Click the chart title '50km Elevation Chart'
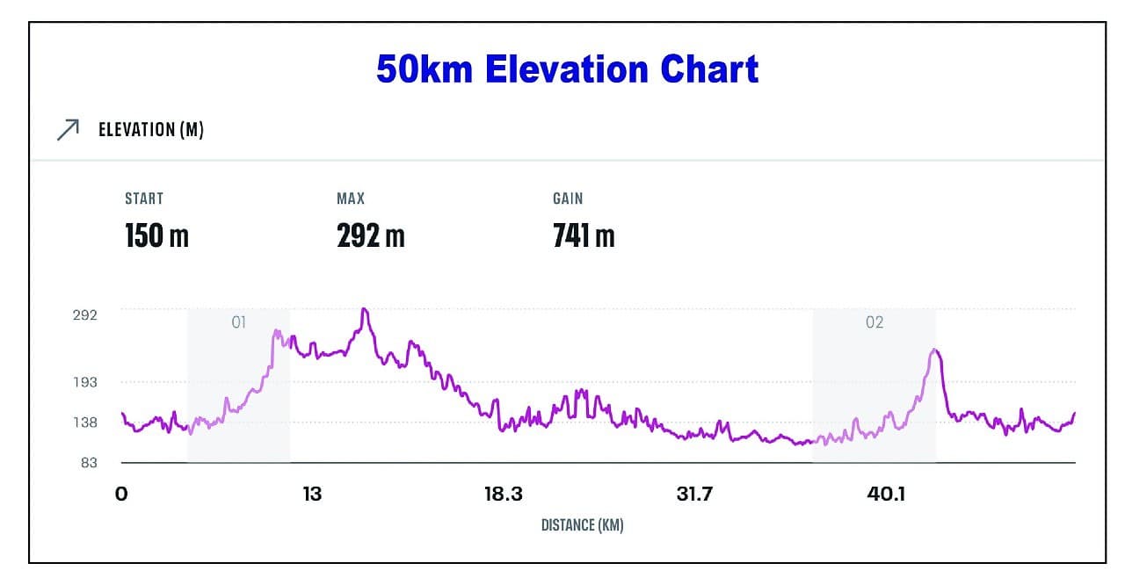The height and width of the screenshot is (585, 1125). [567, 69]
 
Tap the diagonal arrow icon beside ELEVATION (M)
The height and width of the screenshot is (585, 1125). [68, 130]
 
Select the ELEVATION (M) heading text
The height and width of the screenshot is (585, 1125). [151, 130]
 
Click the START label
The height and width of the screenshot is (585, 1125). [144, 199]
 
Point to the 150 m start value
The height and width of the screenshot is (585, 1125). [156, 235]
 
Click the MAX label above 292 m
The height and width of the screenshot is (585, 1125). [350, 199]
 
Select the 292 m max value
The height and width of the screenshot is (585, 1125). [370, 235]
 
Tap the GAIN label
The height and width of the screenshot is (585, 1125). [568, 199]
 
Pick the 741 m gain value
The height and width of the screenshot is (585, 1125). [584, 235]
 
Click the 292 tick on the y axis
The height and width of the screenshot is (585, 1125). [84, 314]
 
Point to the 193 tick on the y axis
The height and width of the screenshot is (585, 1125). [84, 382]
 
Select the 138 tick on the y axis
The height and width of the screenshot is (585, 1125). [84, 422]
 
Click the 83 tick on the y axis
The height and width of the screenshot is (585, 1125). [89, 462]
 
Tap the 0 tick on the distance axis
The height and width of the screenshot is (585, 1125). [121, 494]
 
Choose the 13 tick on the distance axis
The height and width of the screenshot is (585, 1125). [312, 494]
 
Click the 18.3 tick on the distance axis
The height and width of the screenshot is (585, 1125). [503, 494]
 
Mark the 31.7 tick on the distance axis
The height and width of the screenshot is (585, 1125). [694, 494]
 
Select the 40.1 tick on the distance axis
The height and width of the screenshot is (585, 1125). [886, 494]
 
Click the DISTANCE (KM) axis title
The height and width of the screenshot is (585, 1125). [582, 525]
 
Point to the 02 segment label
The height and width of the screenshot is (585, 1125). [874, 322]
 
